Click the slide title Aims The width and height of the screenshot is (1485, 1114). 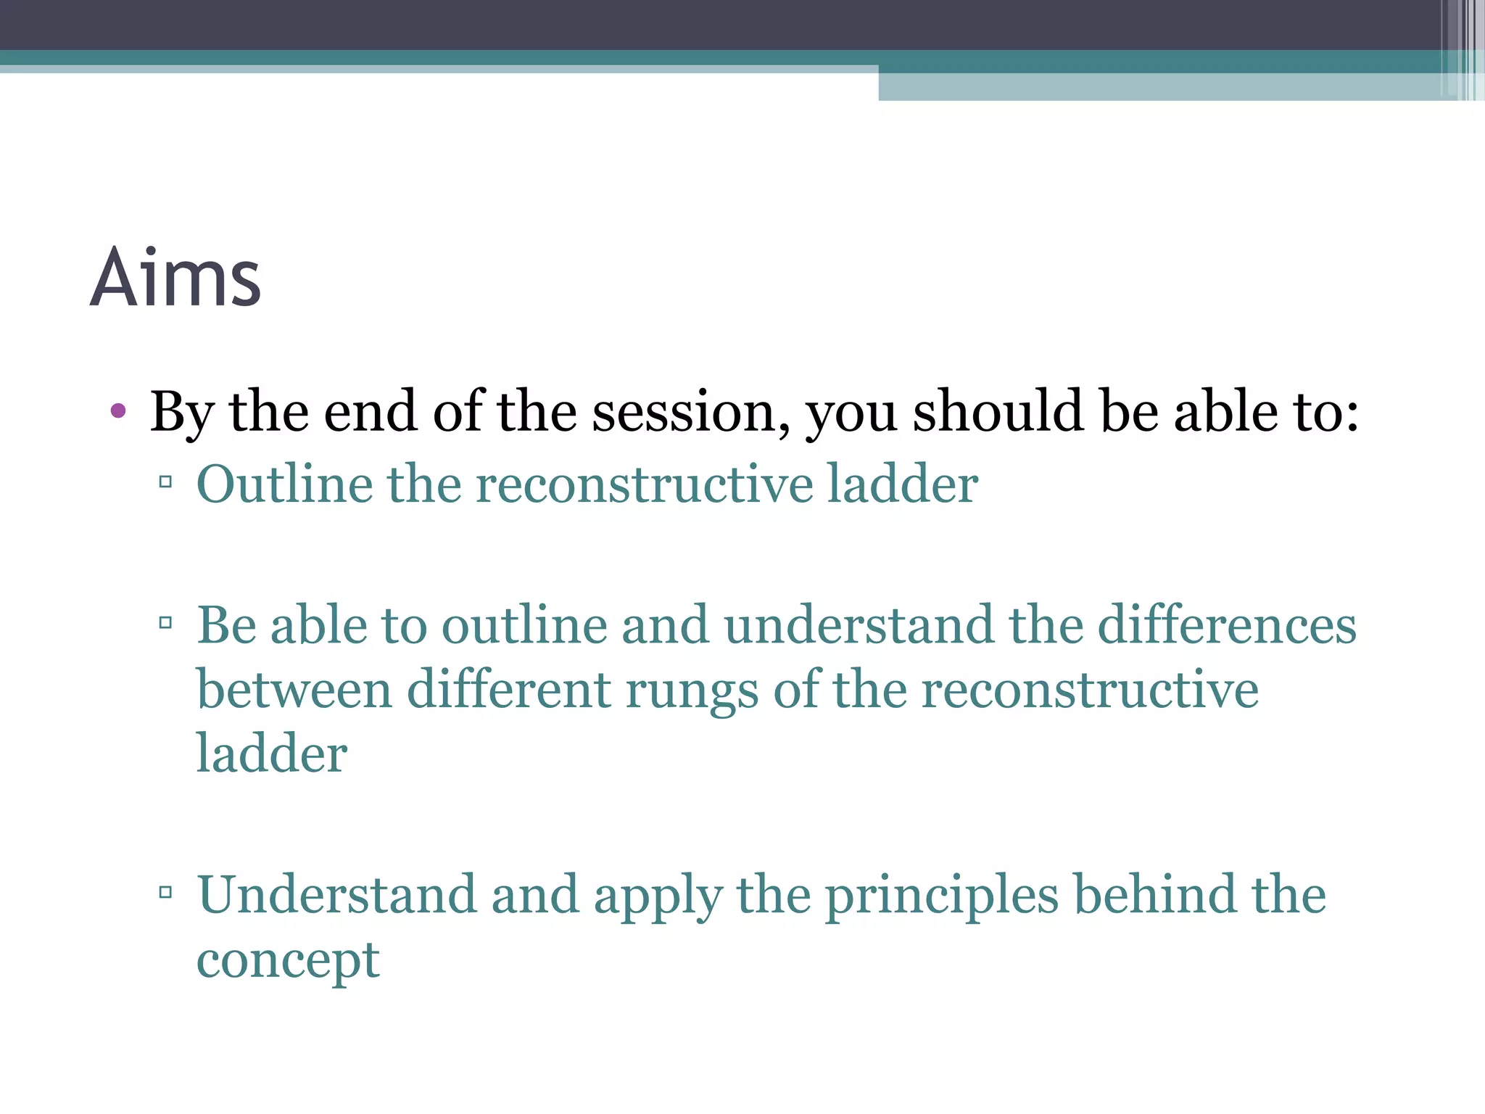175,278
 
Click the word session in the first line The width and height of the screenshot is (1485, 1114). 690,412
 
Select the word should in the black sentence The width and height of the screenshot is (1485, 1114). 998,412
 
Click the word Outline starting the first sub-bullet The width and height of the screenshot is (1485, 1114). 284,484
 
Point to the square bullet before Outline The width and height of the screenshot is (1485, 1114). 165,482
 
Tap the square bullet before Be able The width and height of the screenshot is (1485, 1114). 165,622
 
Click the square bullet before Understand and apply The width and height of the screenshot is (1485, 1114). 165,892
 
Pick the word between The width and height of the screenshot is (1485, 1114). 294,690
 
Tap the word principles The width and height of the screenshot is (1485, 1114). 941,896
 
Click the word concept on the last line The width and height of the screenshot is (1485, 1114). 288,961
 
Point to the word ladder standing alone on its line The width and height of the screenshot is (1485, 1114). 272,754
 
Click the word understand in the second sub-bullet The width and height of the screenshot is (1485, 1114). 859,625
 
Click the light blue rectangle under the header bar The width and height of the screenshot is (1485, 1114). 1160,87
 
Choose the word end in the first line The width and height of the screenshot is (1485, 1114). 370,412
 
